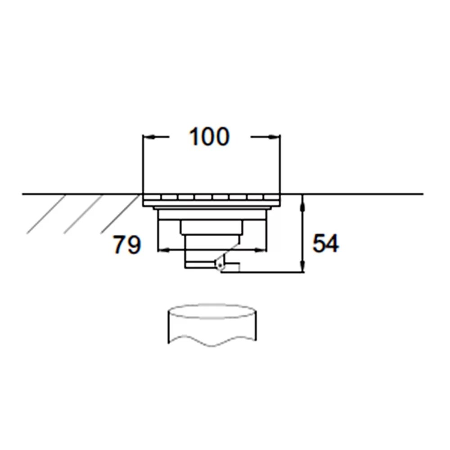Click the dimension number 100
[x=209, y=137]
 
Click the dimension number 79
[x=126, y=245]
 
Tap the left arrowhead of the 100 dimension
[x=148, y=137]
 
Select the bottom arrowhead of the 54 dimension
[x=304, y=267]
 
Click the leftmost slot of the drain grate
[x=152, y=197]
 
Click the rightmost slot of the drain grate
[x=271, y=197]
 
